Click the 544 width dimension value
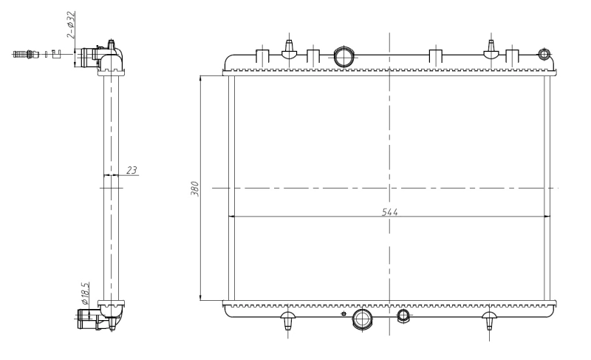click(389, 212)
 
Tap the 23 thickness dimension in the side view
click(131, 170)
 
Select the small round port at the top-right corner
click(544, 54)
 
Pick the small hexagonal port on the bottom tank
click(403, 316)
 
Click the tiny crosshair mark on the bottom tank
click(343, 314)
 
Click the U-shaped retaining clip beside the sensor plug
click(55, 54)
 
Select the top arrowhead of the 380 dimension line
click(201, 76)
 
